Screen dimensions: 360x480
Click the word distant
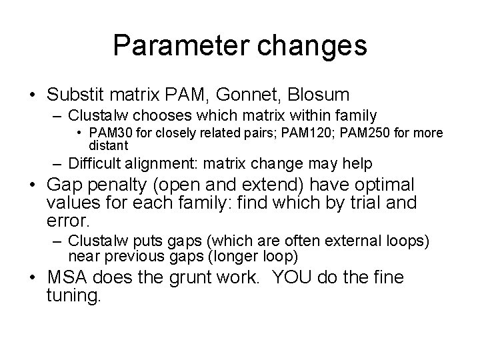(x=108, y=145)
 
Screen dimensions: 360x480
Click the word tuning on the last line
(x=74, y=295)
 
